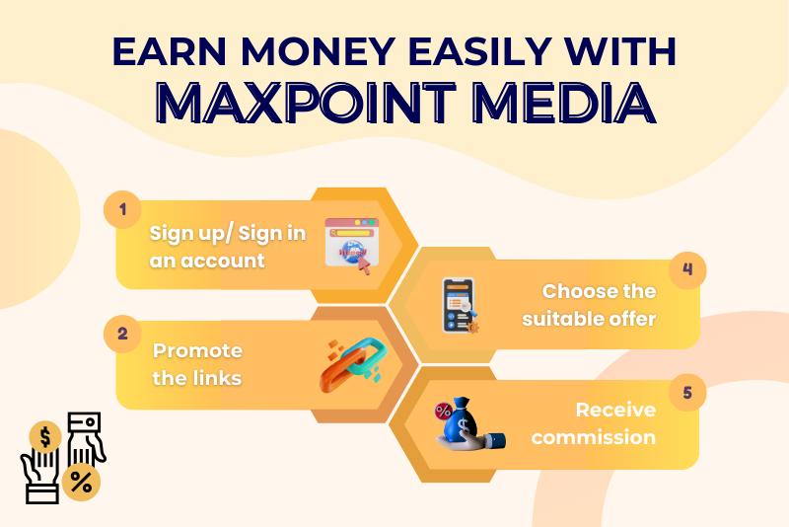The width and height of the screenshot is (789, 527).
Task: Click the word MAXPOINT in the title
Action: tap(306, 103)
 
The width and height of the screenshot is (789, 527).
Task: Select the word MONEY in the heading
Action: tap(318, 51)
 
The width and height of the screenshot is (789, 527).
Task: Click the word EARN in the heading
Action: tap(169, 51)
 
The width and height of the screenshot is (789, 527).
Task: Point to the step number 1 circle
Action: tap(122, 209)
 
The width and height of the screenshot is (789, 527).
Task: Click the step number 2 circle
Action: tap(122, 334)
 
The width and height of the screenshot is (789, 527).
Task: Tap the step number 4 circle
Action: tap(687, 269)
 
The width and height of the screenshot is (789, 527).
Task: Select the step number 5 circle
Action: tap(687, 393)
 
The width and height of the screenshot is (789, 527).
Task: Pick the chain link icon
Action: tap(353, 364)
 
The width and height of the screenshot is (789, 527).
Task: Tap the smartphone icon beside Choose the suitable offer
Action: tap(459, 306)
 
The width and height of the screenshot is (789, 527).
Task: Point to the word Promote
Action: tap(198, 350)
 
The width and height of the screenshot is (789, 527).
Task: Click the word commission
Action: tap(594, 437)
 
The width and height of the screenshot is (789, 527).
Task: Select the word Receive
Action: tap(615, 410)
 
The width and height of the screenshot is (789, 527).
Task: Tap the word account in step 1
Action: tap(223, 261)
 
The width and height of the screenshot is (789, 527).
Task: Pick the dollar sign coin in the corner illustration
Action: tap(45, 437)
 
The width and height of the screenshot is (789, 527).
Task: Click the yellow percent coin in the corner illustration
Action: tap(81, 483)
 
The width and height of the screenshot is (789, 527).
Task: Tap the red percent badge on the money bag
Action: tap(443, 412)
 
